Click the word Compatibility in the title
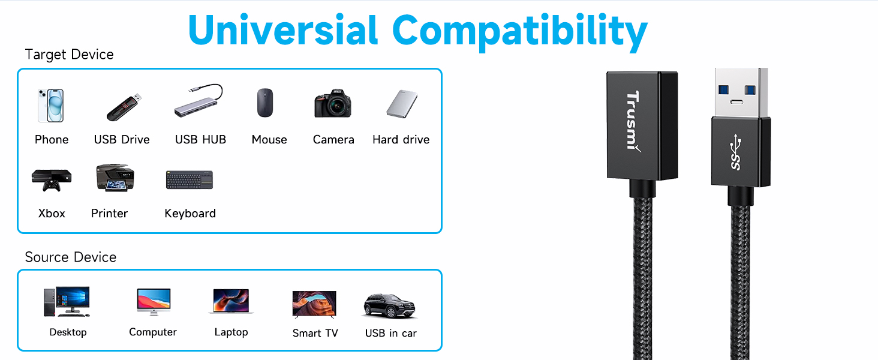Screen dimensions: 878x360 pos(520,31)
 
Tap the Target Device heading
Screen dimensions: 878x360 pos(70,55)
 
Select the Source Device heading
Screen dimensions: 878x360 pos(71,257)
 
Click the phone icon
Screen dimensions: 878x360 pos(50,105)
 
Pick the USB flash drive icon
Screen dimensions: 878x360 pos(124,107)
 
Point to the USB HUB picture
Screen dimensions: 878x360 pos(199,100)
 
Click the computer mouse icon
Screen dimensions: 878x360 pos(265,103)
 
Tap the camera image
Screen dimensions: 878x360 pos(333,104)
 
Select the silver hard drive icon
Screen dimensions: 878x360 pos(402,104)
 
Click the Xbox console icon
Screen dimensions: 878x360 pos(52,180)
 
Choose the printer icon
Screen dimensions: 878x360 pos(115,178)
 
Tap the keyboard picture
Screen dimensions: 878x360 pos(190,179)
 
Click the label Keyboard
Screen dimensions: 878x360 pos(190,214)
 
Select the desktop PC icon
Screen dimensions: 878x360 pos(67,301)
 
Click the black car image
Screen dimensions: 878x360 pos(389,305)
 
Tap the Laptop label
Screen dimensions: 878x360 pos(231,332)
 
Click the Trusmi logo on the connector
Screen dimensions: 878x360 pos(633,121)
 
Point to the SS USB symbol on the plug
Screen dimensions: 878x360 pos(736,152)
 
